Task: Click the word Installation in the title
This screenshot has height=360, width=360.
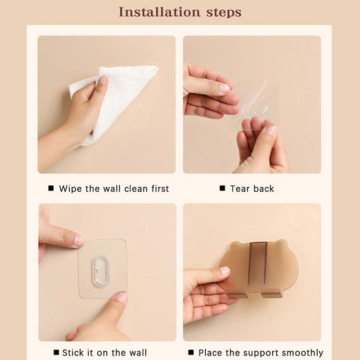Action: point(159,12)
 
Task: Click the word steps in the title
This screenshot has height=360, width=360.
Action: point(224,13)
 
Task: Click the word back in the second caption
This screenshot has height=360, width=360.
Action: point(264,189)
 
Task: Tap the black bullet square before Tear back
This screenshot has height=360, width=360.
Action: point(222,188)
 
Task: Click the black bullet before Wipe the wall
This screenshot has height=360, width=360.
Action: point(51,188)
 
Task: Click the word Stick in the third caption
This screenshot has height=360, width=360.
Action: point(73,352)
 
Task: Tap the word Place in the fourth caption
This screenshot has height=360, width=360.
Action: point(210,352)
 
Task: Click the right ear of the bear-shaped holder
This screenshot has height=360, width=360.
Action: point(281,244)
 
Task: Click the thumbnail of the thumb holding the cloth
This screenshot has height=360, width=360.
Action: point(103,81)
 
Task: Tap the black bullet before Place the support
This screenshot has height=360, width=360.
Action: point(191,352)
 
